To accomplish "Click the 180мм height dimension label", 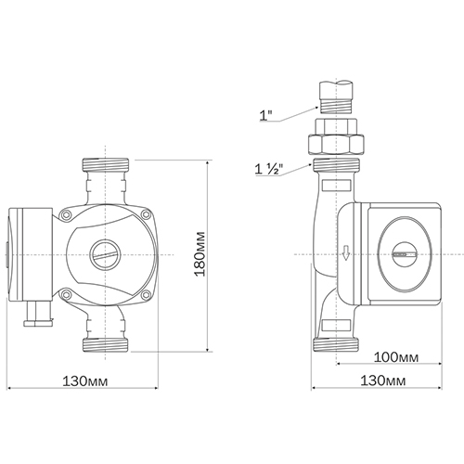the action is coord(199,253).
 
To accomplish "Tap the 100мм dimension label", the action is coord(396,357).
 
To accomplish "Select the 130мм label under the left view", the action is coord(85,381).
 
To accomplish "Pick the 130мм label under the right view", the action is coord(383,380).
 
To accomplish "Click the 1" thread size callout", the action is coord(265,116).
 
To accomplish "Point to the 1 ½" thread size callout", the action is coord(269,170).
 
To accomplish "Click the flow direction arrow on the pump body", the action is coord(346,252).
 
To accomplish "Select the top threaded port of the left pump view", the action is coord(106,164).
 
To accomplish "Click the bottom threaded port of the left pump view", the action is coord(106,344).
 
